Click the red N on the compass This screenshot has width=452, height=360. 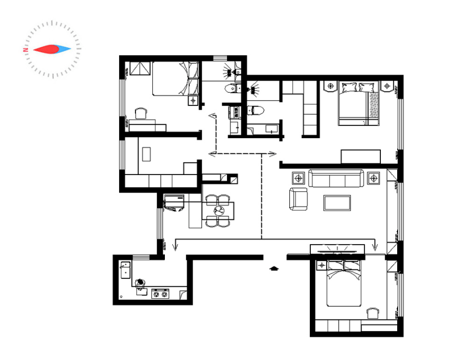(26, 50)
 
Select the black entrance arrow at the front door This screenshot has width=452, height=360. (274, 269)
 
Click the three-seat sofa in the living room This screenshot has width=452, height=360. (336, 178)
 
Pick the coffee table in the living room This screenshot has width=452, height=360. (337, 203)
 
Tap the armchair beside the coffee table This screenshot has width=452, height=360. (298, 199)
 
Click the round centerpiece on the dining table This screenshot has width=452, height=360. (219, 211)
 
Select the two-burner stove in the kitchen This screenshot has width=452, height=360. (160, 294)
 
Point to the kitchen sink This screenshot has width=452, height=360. (125, 270)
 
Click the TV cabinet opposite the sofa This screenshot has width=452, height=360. (337, 250)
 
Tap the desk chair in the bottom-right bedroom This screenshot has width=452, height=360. (373, 313)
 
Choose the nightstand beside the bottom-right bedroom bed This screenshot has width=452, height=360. (321, 265)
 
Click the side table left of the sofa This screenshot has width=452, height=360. (298, 178)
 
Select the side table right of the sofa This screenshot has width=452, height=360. (374, 178)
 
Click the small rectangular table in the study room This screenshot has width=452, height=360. (146, 154)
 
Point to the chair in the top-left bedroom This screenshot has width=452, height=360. (141, 113)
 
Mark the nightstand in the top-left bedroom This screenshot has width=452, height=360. (193, 100)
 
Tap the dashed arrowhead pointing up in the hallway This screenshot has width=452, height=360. (213, 115)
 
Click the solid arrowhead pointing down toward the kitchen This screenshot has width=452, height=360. (175, 247)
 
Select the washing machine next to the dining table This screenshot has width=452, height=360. (174, 203)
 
